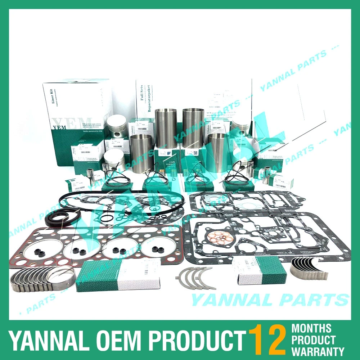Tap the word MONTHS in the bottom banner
click(311, 328)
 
